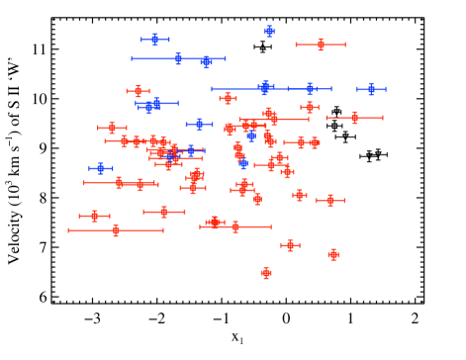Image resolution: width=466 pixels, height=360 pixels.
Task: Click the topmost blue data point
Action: coord(269,31)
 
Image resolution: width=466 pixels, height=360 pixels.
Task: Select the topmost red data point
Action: coord(321,44)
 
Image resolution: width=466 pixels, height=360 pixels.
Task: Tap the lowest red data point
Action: coord(266,273)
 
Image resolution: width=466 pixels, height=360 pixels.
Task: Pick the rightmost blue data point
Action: coord(371,89)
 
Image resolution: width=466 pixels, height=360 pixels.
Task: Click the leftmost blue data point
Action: coord(100,168)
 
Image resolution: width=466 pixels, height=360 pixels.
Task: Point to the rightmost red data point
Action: coord(354,118)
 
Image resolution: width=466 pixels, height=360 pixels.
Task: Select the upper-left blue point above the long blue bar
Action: coord(154,40)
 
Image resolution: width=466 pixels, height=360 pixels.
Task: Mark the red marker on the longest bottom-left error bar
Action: coord(116,230)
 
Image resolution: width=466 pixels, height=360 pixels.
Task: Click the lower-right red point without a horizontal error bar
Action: coord(333,254)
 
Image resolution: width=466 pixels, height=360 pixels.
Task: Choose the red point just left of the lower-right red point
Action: coord(290,245)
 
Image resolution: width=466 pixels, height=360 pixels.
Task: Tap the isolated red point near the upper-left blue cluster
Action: coord(138,91)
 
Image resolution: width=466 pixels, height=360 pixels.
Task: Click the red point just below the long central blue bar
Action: coord(228,98)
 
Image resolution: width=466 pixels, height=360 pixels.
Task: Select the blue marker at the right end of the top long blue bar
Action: coord(206,61)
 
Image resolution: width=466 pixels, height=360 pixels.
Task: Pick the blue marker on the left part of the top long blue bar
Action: coord(178,58)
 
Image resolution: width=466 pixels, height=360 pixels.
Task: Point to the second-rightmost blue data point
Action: coord(310,89)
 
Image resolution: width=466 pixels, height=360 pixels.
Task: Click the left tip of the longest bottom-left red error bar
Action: coord(68,230)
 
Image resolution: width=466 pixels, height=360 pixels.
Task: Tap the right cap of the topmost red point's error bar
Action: coord(345,44)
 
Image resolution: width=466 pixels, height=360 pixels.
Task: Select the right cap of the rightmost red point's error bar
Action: coord(382,118)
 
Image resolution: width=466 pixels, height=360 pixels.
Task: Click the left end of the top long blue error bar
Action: coord(132,58)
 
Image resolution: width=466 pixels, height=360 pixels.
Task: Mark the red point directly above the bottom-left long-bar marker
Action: coord(95,216)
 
